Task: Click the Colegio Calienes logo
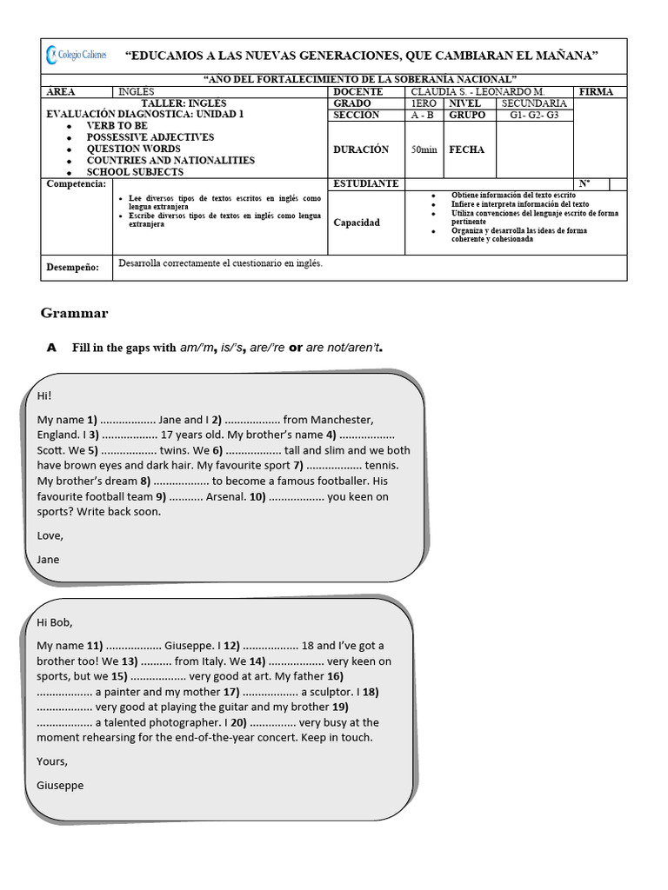click(77, 55)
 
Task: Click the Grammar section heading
click(74, 313)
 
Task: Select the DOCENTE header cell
click(357, 92)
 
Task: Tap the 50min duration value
click(424, 149)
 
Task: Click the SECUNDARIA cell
click(534, 103)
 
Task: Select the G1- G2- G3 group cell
click(534, 115)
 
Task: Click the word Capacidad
click(357, 222)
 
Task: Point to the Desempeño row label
click(72, 268)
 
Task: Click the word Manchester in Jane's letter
click(342, 420)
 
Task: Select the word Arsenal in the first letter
click(224, 497)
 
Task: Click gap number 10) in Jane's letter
click(257, 497)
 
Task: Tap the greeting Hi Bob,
click(56, 622)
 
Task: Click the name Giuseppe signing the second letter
click(60, 785)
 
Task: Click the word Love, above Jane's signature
click(50, 535)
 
